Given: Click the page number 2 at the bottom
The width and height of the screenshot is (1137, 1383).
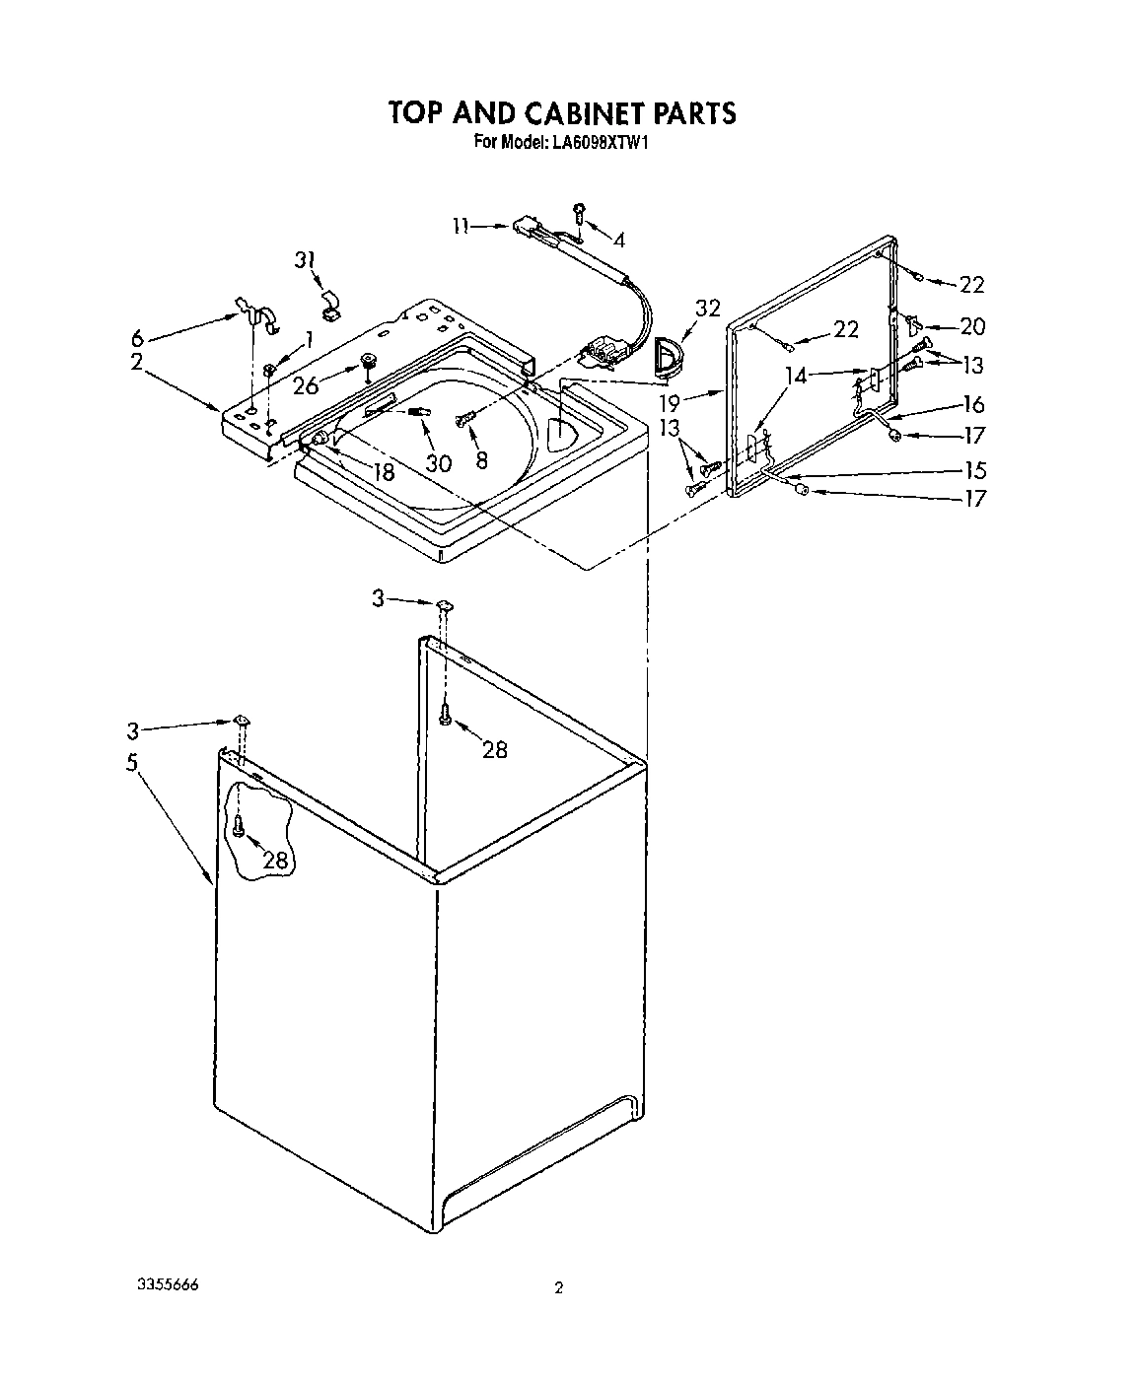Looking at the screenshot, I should (x=558, y=1287).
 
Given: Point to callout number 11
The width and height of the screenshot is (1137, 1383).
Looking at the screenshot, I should (x=461, y=226).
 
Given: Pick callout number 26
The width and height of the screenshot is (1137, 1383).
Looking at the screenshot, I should (x=307, y=384).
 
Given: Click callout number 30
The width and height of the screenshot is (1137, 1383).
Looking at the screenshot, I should (x=438, y=461).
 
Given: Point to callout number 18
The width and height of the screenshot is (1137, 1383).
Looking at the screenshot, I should (x=383, y=472).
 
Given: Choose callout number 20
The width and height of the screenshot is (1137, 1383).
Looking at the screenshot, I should (x=972, y=326).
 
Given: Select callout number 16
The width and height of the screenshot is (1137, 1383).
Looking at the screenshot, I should (x=973, y=404).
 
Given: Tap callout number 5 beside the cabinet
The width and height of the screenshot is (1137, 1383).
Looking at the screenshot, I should (x=131, y=762).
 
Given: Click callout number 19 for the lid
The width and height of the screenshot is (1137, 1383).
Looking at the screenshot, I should (x=671, y=402).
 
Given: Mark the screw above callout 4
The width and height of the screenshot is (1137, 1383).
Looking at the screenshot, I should (x=580, y=210).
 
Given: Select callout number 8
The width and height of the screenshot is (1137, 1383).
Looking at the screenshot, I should (x=481, y=460).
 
